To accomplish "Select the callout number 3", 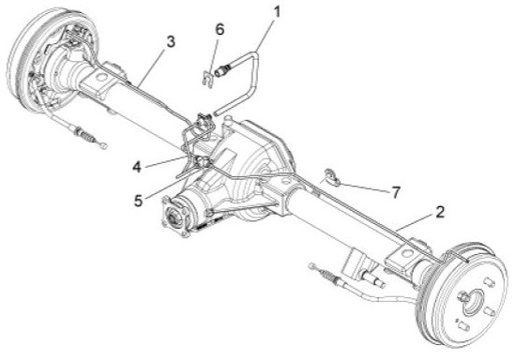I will pos(170,41).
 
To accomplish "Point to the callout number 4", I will pos(139,167).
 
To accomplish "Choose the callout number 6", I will pos(220,29).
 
